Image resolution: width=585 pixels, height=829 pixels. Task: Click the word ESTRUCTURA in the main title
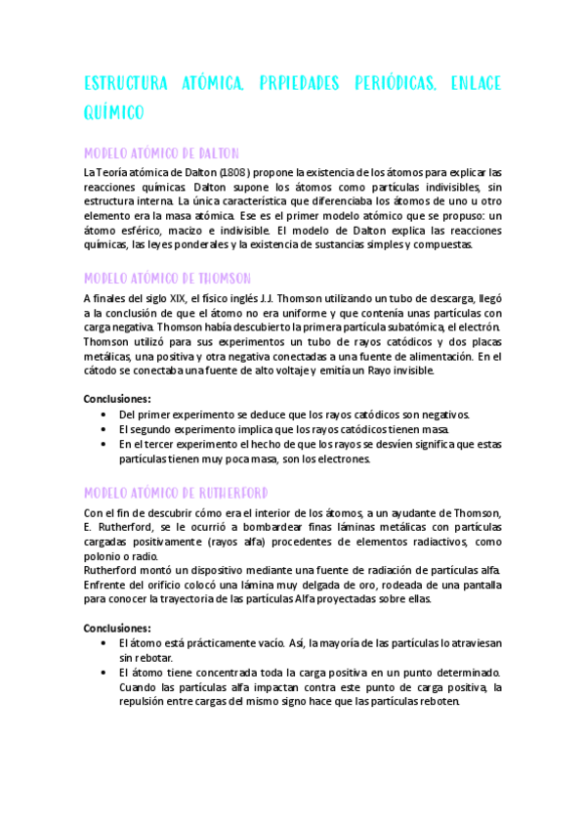124,82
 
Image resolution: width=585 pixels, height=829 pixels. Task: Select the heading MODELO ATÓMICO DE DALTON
162,154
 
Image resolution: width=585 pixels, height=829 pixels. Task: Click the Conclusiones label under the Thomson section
117,399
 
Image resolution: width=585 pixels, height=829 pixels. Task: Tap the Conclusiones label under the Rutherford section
117,628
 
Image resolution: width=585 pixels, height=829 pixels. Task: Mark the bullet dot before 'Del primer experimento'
104,414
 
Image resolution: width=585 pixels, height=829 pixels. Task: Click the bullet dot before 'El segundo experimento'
104,429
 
